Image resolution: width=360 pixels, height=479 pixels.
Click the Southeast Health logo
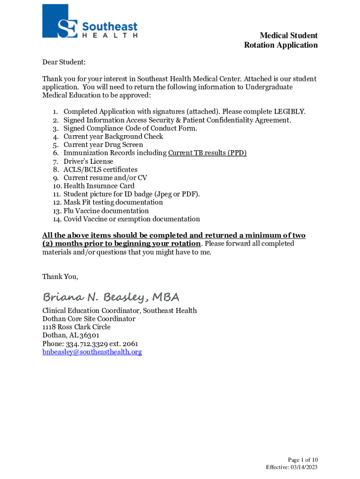click(x=90, y=22)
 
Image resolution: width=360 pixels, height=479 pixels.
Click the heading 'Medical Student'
click(x=288, y=36)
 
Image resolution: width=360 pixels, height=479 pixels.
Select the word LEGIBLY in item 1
click(x=289, y=112)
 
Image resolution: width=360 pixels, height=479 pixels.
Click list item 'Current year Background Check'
click(x=113, y=137)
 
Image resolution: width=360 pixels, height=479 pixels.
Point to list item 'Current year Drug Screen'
click(x=103, y=145)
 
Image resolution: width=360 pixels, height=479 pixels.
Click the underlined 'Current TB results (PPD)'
click(x=207, y=153)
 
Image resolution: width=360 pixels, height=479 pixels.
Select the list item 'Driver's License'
click(x=88, y=161)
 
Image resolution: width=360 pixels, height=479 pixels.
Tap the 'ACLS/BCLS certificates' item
click(x=100, y=170)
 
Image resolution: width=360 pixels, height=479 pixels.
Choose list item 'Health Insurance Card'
click(x=99, y=186)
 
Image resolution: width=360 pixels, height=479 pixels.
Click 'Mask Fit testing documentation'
click(x=113, y=203)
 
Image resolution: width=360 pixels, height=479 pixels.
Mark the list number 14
click(x=57, y=219)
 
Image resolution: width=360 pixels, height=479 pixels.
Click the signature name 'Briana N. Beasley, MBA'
click(x=111, y=298)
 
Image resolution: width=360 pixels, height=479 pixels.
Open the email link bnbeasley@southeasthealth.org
click(x=92, y=352)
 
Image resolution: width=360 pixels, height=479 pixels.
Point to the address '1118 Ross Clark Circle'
click(x=76, y=327)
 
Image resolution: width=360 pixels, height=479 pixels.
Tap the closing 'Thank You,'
click(x=60, y=276)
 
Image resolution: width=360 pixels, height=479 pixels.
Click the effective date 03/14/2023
click(x=305, y=467)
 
